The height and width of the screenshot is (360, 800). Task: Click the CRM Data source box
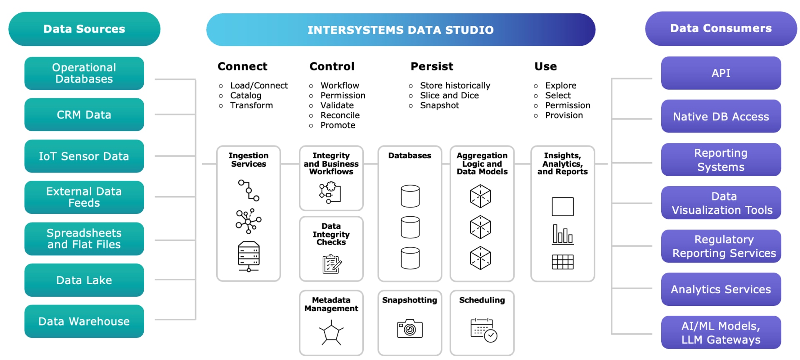tap(84, 115)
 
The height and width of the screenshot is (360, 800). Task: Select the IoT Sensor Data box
tap(84, 156)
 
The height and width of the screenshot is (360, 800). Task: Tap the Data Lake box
tap(84, 280)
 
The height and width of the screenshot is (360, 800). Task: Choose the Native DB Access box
tap(721, 116)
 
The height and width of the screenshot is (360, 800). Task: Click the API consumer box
tap(721, 73)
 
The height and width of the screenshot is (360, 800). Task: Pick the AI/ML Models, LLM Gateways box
tap(721, 332)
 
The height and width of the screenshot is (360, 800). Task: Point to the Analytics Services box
tap(721, 289)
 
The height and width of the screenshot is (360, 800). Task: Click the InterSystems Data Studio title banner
tap(400, 30)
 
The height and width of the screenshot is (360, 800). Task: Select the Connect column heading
tap(242, 66)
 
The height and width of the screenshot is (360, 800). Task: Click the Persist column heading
tap(432, 66)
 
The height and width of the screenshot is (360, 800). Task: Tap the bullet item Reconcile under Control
tap(340, 115)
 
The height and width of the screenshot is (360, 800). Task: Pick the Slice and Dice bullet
tap(449, 95)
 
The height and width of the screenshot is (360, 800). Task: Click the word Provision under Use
tap(564, 115)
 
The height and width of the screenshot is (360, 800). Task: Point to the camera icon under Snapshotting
tap(410, 329)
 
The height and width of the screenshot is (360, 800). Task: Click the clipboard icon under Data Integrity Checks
tap(332, 264)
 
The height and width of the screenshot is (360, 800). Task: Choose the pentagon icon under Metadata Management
tap(331, 333)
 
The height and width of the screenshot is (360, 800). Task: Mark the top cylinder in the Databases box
tap(410, 196)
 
